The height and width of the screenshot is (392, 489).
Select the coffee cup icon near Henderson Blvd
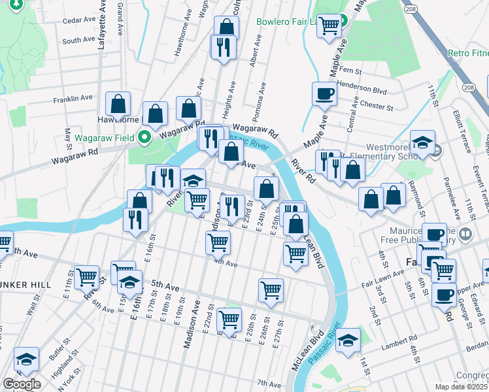tap(324, 94)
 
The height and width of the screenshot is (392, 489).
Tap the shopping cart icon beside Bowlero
tap(330, 25)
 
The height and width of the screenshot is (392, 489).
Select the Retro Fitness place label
tap(467, 53)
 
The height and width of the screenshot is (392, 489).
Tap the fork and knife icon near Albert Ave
tap(223, 46)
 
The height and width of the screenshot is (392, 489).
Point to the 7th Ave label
tap(269, 383)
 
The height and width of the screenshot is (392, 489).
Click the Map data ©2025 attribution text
tap(461, 387)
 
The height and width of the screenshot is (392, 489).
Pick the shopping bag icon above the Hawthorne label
tap(118, 104)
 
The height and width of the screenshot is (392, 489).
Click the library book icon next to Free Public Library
tap(465, 233)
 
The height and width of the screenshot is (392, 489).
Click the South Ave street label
tap(78, 40)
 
